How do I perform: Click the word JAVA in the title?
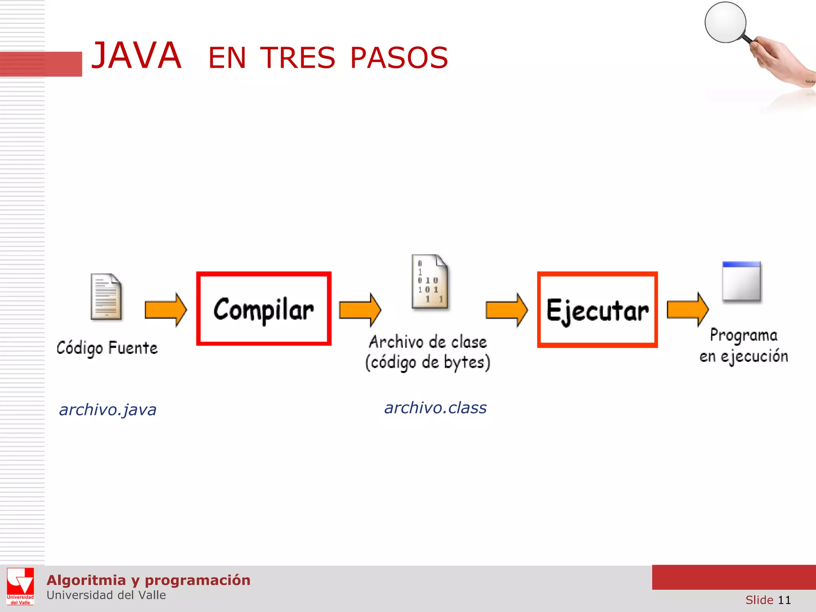click(136, 56)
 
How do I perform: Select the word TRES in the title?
click(298, 58)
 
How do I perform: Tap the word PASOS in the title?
click(399, 58)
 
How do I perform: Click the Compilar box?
click(264, 309)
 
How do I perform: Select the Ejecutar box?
click(597, 310)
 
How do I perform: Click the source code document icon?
click(106, 297)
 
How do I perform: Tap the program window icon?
click(741, 281)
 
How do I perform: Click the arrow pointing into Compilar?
click(165, 310)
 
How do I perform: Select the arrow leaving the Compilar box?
click(360, 310)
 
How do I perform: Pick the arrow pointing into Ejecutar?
click(506, 310)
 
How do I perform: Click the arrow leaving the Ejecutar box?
click(688, 309)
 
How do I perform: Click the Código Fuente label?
click(107, 348)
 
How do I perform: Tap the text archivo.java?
click(108, 410)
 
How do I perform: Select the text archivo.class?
click(435, 408)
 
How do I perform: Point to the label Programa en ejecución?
click(743, 345)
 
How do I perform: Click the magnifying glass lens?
click(725, 22)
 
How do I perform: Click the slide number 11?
click(784, 600)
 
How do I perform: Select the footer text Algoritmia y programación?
click(148, 580)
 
